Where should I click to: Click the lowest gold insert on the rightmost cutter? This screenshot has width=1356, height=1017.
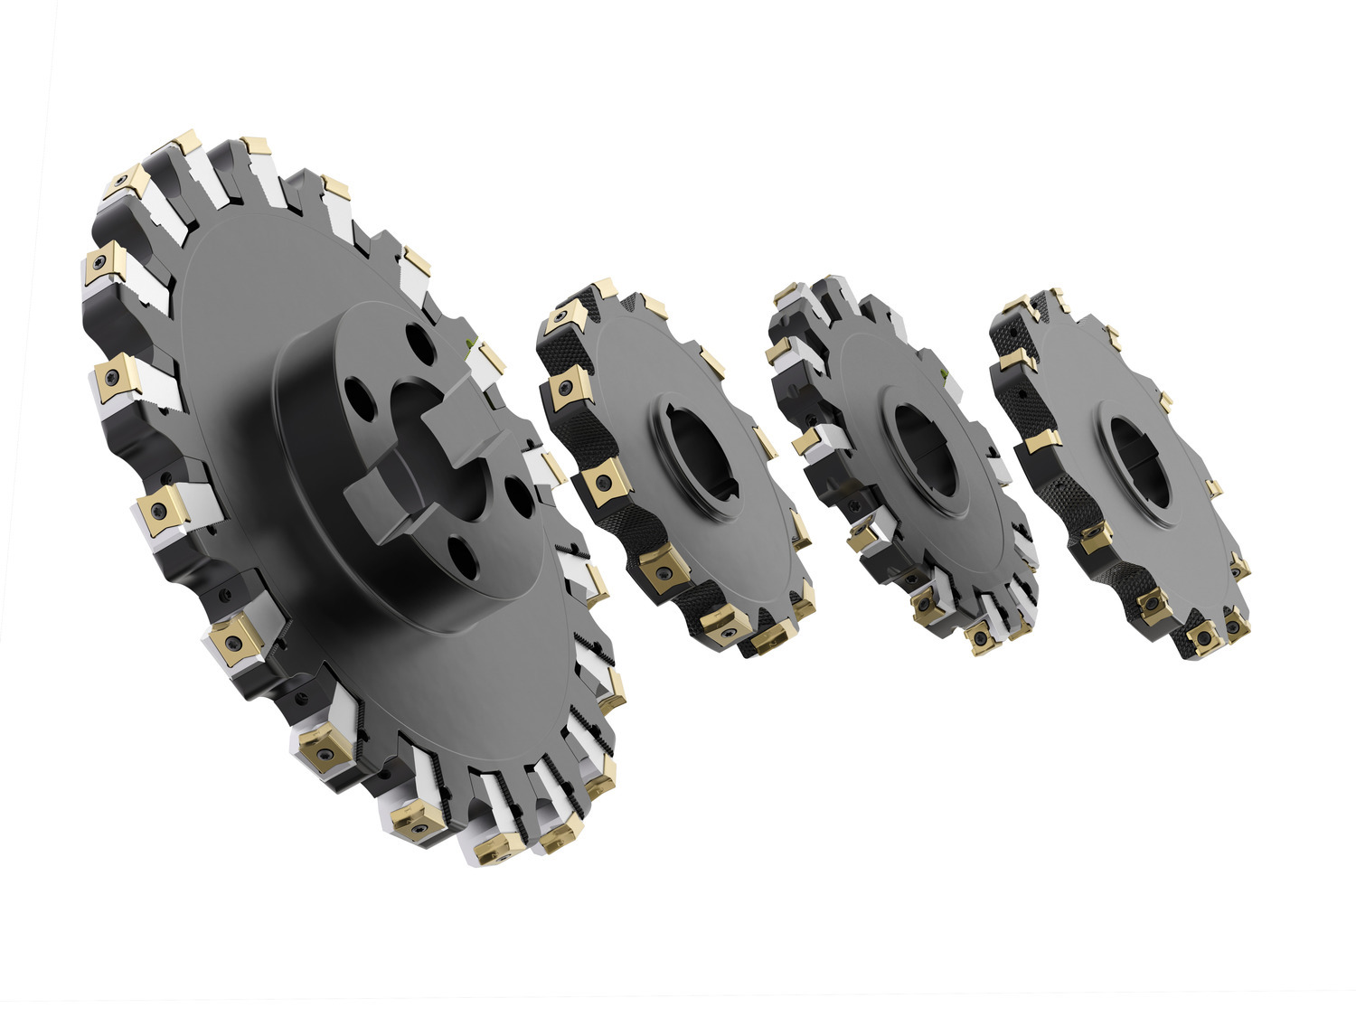pos(1203,638)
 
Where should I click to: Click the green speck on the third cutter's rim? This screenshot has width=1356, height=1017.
pos(946,374)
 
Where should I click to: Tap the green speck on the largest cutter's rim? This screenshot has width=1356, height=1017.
pos(467,344)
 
